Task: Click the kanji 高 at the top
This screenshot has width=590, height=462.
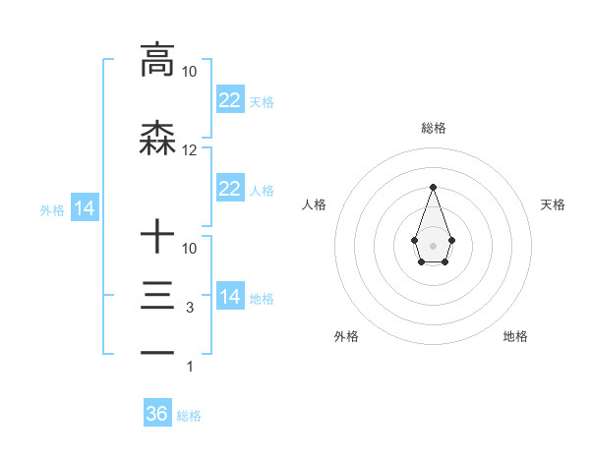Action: (x=157, y=60)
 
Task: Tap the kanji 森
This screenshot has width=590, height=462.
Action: (x=157, y=141)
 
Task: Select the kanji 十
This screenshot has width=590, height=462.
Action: (x=157, y=237)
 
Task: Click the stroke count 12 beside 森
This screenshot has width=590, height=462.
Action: (x=190, y=150)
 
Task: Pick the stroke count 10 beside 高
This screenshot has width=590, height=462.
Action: (x=190, y=72)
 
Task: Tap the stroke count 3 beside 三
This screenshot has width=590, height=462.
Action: (x=190, y=308)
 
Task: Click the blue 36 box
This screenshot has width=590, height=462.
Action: (x=157, y=414)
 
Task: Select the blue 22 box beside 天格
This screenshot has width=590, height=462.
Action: (x=229, y=99)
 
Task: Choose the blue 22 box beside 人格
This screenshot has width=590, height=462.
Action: (x=229, y=189)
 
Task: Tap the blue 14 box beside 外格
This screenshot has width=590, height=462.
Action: (x=84, y=208)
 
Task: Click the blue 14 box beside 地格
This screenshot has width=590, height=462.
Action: (x=229, y=297)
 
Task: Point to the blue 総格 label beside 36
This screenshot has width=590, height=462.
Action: (x=189, y=416)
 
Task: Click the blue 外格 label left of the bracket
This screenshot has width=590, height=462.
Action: (x=51, y=209)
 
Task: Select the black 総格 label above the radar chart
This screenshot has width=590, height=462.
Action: (x=433, y=129)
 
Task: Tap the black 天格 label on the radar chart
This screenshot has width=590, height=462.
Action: (x=553, y=204)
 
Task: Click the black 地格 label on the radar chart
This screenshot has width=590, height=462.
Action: (x=515, y=336)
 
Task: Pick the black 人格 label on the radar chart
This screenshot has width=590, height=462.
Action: (x=314, y=204)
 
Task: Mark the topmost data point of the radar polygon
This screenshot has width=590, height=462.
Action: (x=433, y=186)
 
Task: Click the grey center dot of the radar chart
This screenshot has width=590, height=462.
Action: (x=433, y=245)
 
